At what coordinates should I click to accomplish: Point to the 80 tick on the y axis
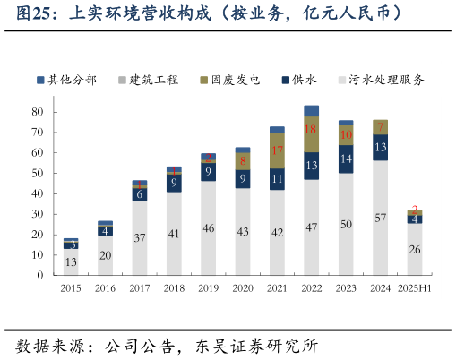[x=38, y=112]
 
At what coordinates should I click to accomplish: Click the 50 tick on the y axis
[x=38, y=173]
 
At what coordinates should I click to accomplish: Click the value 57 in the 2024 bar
[x=380, y=218]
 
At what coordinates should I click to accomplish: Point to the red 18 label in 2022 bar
[x=311, y=129]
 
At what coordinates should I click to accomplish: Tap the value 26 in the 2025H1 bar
[x=414, y=249]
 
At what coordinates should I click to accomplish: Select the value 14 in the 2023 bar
[x=345, y=159]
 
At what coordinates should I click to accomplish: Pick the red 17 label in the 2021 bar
[x=277, y=150]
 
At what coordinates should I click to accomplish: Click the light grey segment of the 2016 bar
[x=105, y=255]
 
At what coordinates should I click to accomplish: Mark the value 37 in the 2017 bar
[x=139, y=238]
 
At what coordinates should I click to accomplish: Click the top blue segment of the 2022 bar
[x=311, y=111]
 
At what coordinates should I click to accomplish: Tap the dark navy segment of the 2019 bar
[x=208, y=171]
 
